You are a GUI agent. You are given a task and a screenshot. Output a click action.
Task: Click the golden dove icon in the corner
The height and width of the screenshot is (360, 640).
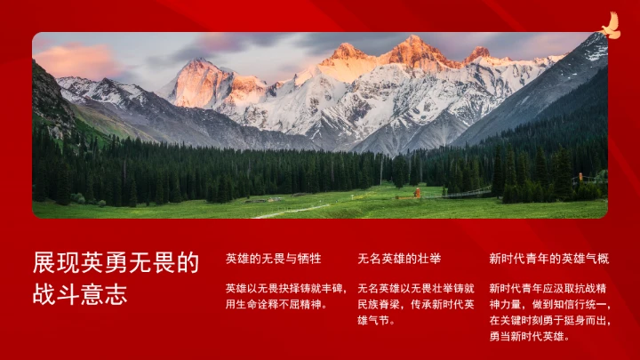click(x=610, y=26)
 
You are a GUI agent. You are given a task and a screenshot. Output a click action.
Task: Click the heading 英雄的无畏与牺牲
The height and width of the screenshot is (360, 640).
click(x=273, y=259)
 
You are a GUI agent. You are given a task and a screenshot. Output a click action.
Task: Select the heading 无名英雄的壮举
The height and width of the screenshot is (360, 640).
click(x=399, y=259)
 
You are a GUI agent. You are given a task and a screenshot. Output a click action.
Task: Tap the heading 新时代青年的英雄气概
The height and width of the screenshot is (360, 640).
click(x=548, y=259)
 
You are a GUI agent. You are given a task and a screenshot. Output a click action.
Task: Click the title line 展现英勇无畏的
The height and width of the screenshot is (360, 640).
click(x=116, y=262)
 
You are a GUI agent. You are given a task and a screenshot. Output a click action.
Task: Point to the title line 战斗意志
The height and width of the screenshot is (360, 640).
click(x=80, y=294)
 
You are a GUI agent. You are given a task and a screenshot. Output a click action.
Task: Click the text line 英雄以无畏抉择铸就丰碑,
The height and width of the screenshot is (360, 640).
click(x=285, y=288)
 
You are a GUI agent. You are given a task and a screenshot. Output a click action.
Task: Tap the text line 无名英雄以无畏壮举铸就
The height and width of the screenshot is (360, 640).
click(x=415, y=288)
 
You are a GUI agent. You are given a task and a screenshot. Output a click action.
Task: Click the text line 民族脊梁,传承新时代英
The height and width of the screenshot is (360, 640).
click(x=415, y=304)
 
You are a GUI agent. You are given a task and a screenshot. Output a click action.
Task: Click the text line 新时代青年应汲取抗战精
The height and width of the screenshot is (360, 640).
click(x=548, y=288)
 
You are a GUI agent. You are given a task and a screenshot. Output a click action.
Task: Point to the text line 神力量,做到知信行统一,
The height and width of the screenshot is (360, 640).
click(x=549, y=304)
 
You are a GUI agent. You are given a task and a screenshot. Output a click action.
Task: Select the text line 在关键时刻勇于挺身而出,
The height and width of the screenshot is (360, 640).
click(x=549, y=320)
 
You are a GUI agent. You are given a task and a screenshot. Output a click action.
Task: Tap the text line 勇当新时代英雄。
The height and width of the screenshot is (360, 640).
click(x=529, y=336)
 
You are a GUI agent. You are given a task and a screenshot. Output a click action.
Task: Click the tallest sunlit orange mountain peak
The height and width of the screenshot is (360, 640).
click(x=413, y=44)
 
